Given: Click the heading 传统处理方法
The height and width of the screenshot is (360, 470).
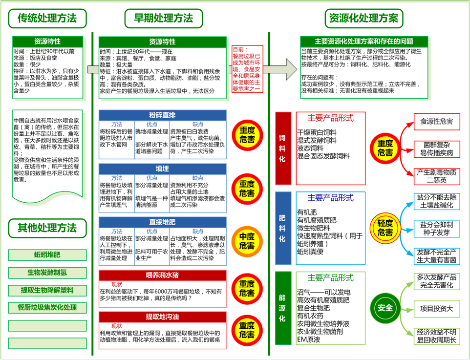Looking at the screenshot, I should [x=47, y=19].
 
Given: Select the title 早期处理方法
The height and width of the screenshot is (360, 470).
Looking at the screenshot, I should [x=164, y=19].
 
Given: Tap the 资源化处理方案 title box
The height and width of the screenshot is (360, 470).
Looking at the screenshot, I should [x=364, y=19].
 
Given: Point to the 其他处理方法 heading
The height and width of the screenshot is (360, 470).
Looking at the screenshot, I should [x=47, y=228].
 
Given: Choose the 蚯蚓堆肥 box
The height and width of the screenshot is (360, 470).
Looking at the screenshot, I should [x=47, y=254].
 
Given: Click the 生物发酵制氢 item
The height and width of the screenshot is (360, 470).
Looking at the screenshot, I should [x=47, y=273].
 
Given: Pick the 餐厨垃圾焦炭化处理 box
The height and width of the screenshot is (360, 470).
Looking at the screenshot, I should [x=47, y=308].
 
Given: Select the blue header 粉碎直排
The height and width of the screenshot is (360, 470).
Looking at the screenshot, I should [x=163, y=115].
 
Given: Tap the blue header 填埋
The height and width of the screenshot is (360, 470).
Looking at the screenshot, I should [x=163, y=169].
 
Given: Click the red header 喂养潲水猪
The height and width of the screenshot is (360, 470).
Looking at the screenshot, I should [x=163, y=275].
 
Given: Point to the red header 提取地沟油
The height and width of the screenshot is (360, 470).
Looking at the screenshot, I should [x=163, y=317].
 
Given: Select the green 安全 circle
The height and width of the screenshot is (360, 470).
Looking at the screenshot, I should [x=385, y=308].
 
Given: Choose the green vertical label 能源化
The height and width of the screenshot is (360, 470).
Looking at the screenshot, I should [x=282, y=307].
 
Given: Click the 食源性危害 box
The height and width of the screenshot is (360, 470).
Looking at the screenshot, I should [x=436, y=121].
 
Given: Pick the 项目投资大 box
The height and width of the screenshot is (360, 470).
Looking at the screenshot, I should [x=436, y=308].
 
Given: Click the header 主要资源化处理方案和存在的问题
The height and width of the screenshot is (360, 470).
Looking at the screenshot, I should [x=364, y=41].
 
